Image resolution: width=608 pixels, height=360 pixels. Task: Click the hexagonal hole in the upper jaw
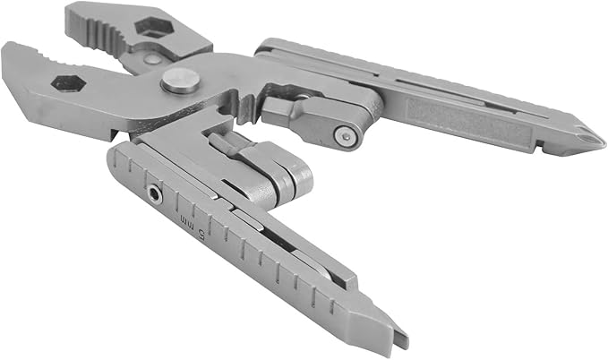(154, 28)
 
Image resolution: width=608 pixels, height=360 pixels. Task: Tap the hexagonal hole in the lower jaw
(68, 83)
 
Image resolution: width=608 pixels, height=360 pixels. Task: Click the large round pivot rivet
(181, 81)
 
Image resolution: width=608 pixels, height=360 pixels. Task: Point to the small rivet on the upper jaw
(151, 59)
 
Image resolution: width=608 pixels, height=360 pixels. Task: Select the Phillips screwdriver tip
(586, 136)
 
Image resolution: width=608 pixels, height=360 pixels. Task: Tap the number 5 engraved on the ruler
(201, 233)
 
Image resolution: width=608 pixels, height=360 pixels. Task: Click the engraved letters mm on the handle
(185, 222)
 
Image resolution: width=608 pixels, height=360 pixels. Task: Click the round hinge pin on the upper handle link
(345, 136)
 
